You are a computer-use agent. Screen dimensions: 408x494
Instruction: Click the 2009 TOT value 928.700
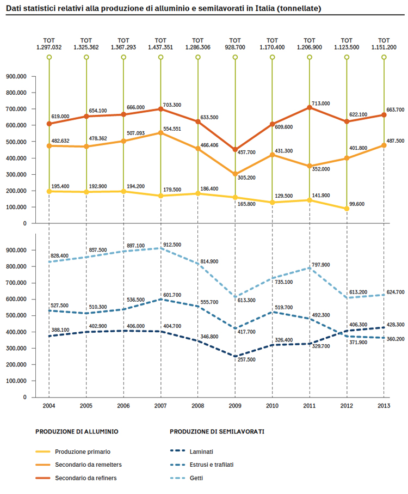[x=235, y=47]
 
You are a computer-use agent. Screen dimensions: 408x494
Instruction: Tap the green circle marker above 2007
[x=160, y=57]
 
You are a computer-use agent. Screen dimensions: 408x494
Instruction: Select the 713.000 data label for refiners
[x=321, y=103]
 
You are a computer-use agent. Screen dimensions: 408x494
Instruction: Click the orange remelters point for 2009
[x=235, y=174]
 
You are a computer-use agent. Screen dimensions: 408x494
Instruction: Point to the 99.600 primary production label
[x=357, y=204]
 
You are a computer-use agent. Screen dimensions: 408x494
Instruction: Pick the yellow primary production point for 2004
[x=49, y=191]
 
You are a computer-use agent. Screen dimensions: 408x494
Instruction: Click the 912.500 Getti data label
[x=172, y=245]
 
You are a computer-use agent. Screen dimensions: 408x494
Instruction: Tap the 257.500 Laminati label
[x=246, y=359]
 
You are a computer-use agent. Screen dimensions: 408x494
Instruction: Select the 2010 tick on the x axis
[x=272, y=406]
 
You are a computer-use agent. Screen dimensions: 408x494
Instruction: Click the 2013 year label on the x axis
[x=384, y=406]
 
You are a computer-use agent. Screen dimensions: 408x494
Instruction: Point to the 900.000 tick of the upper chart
[x=16, y=76]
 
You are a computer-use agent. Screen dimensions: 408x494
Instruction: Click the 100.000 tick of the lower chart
[x=16, y=381]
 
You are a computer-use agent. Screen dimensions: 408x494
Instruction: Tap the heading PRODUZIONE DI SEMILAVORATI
[x=217, y=431]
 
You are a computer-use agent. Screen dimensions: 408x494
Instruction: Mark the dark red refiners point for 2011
[x=310, y=107]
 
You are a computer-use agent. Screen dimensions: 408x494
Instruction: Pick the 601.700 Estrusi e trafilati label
[x=172, y=295]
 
